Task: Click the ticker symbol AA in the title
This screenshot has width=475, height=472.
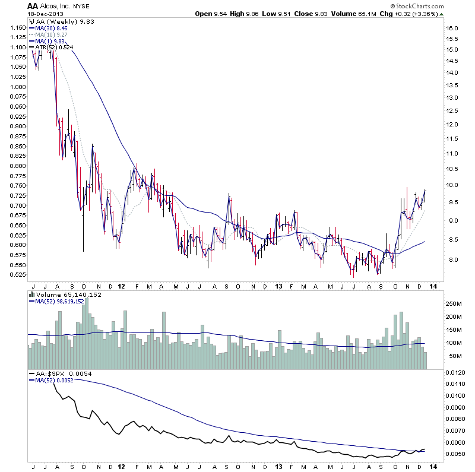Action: [33, 5]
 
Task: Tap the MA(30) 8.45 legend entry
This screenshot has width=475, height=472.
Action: [52, 27]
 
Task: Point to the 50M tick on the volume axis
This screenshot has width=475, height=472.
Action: [454, 356]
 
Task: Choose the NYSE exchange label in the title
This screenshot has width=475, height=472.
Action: [81, 7]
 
